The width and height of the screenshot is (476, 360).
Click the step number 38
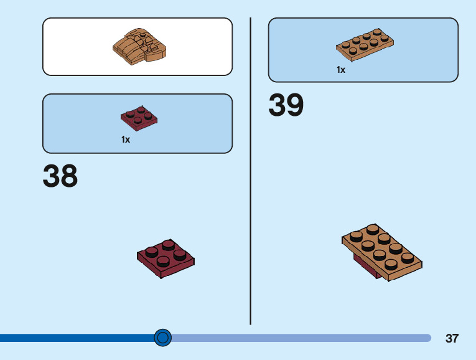coord(60,176)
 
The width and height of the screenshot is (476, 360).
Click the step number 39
coord(286,105)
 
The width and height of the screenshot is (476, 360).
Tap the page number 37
coord(452,339)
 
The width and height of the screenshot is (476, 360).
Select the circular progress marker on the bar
coord(162,338)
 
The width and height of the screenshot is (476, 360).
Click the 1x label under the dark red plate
coord(126,140)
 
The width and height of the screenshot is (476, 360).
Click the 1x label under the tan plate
coord(341,70)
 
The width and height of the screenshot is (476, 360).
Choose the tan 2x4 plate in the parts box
coord(365,45)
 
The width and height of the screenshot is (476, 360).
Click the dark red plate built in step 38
coord(166,257)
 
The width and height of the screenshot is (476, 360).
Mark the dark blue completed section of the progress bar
coord(75,338)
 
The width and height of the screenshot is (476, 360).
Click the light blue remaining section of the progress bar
coord(299,338)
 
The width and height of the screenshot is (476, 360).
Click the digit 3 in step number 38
coord(52,176)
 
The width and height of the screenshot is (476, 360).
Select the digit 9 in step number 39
coord(295,105)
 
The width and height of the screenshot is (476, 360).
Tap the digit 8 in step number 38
coord(69,176)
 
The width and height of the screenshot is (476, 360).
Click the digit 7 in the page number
coord(455,339)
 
